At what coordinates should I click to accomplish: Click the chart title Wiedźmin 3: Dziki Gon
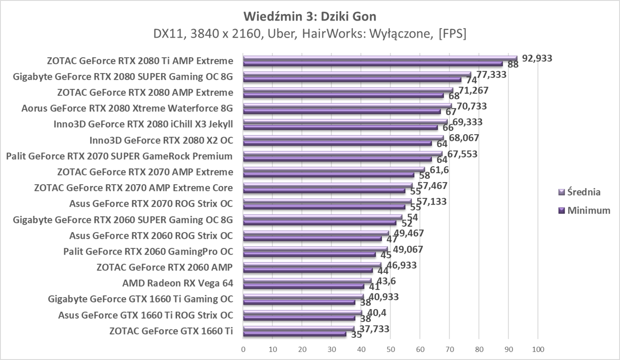click(x=310, y=17)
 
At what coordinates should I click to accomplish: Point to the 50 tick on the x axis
click(x=391, y=350)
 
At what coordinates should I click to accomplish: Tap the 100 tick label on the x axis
click(x=538, y=350)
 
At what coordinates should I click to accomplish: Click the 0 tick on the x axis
click(x=243, y=350)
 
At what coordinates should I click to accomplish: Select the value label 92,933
click(x=537, y=58)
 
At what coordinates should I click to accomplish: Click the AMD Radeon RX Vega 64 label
click(x=178, y=283)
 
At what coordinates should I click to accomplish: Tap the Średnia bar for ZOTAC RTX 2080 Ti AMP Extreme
click(x=380, y=58)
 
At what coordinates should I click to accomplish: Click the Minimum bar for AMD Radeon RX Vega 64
click(x=303, y=286)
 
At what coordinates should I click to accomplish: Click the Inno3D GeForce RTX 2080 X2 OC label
click(x=161, y=140)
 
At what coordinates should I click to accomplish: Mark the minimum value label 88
click(x=513, y=65)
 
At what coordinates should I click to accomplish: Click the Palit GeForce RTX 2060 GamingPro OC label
click(x=148, y=252)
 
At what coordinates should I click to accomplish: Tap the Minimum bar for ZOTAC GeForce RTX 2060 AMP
click(x=308, y=270)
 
